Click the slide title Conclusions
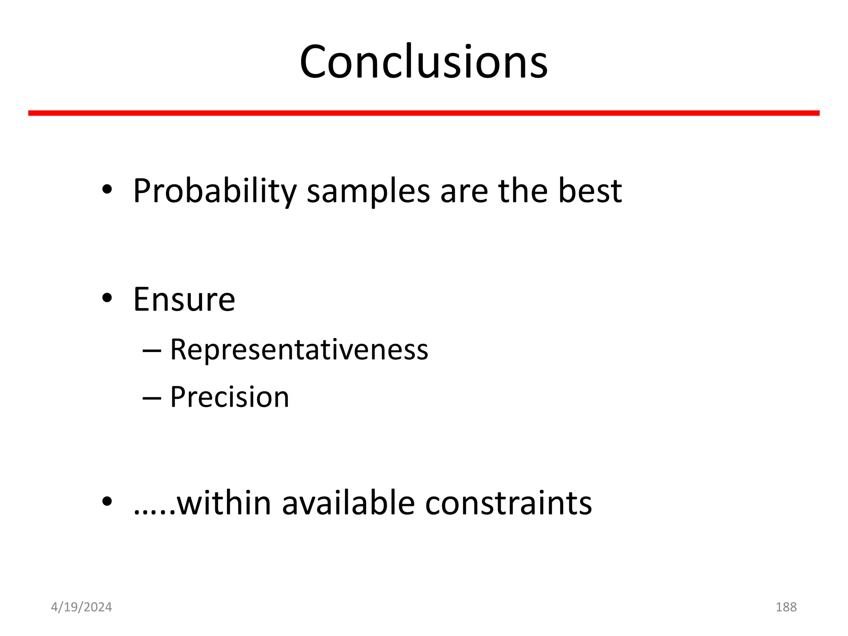click(x=424, y=62)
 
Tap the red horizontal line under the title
click(x=424, y=113)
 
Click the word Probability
click(x=214, y=191)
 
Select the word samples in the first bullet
click(x=368, y=191)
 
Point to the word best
click(x=590, y=190)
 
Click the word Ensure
click(x=184, y=299)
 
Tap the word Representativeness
click(x=299, y=349)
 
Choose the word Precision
click(x=229, y=397)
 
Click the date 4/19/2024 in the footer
click(x=81, y=607)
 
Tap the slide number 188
click(x=786, y=607)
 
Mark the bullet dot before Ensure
click(x=107, y=298)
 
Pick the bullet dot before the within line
click(x=107, y=502)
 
